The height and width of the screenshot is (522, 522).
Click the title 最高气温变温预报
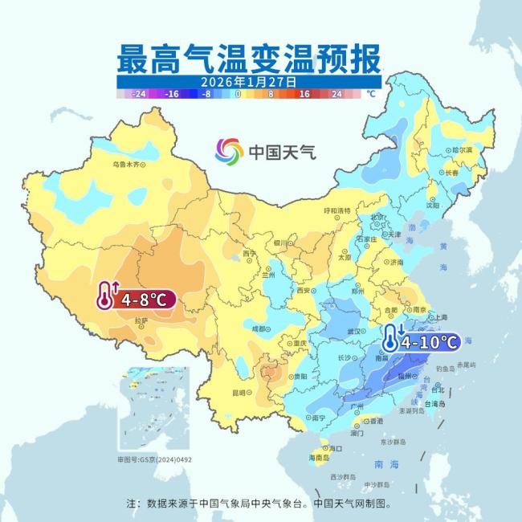tap(250, 58)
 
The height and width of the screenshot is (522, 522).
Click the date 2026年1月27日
tap(250, 82)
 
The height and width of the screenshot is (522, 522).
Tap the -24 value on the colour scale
tap(138, 94)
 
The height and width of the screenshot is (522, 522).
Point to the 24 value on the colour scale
tap(336, 94)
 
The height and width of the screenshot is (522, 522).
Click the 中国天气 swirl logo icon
tap(229, 150)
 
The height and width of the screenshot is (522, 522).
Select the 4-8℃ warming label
tap(143, 300)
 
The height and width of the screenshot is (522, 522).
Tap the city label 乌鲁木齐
tap(131, 165)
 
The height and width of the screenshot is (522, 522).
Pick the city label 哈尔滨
tap(462, 150)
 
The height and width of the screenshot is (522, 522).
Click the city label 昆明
tap(239, 392)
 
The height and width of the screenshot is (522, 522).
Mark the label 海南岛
tap(318, 456)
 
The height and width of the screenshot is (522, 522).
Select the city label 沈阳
tap(433, 205)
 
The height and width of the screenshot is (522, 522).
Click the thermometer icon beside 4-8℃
tap(106, 296)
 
